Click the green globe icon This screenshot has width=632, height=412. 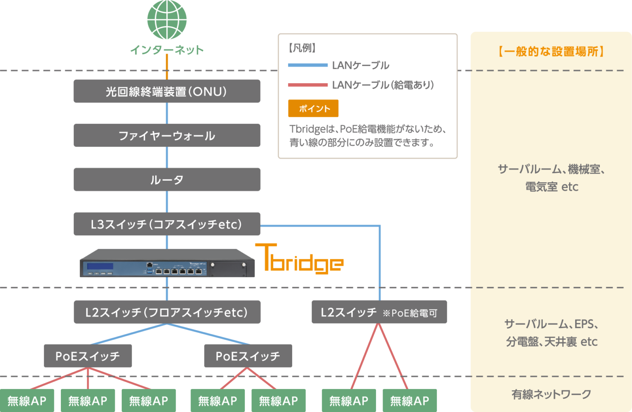click(167, 20)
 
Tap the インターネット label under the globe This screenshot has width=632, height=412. click(167, 50)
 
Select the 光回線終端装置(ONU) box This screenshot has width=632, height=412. click(167, 91)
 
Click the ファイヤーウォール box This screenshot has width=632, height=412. click(167, 135)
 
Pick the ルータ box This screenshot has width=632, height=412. click(167, 179)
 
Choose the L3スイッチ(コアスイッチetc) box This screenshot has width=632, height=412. click(167, 224)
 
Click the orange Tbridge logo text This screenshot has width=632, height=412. click(300, 259)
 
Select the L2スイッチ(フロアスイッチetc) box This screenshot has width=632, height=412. click(167, 312)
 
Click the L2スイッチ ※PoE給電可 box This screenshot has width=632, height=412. click(379, 312)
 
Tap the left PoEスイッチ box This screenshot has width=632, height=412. click(88, 356)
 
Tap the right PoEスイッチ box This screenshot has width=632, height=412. click(248, 356)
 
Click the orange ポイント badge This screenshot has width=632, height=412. click(314, 108)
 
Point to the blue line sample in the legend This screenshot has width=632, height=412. click(308, 65)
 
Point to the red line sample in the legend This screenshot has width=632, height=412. click(308, 85)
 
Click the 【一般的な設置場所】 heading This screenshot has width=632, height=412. click(551, 51)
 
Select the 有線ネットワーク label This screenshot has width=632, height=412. click(551, 394)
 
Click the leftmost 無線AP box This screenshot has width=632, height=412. click(27, 400)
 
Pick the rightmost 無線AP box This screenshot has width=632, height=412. click(409, 400)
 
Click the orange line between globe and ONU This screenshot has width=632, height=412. click(167, 66)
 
